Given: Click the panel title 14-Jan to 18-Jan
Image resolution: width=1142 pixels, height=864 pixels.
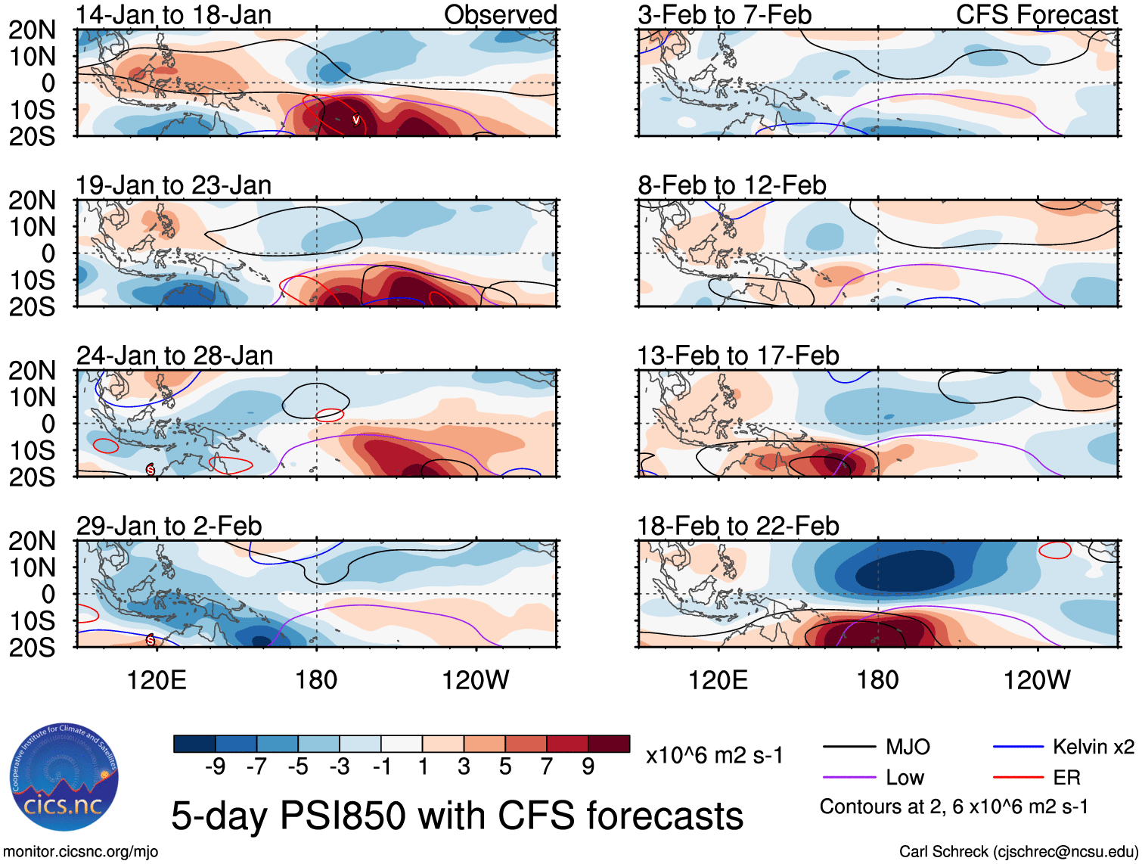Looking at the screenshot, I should click(x=173, y=15).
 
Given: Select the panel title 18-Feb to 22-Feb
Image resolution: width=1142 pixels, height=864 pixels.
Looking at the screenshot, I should click(x=737, y=526).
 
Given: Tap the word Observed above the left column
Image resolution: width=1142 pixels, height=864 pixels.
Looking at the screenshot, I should click(x=500, y=15).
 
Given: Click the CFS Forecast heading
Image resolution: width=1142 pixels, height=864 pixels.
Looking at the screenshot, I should click(x=1036, y=15).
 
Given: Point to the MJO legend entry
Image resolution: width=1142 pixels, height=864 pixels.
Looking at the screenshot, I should click(x=908, y=747).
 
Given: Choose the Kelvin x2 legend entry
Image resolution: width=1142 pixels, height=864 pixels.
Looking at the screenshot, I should click(x=1093, y=747).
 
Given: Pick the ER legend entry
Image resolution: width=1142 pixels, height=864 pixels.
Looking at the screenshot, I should click(x=1066, y=778).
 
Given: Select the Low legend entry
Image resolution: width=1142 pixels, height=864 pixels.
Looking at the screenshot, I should click(x=905, y=778).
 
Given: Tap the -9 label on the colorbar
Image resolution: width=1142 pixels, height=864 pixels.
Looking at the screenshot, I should click(x=216, y=767).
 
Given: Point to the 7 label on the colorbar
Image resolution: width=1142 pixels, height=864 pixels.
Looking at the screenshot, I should click(x=547, y=767).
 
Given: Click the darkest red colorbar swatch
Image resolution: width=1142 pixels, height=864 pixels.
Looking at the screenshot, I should click(x=609, y=744).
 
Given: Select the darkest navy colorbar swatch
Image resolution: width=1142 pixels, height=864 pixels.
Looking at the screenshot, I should click(x=194, y=744).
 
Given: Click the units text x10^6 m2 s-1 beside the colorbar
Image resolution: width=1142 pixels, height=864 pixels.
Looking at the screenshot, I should click(x=714, y=756).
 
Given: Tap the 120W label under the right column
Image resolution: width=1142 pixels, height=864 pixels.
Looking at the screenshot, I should click(x=1036, y=680).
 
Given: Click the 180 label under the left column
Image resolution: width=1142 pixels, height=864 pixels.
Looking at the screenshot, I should click(x=316, y=680).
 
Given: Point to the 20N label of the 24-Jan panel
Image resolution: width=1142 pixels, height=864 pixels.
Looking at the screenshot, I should click(x=33, y=371).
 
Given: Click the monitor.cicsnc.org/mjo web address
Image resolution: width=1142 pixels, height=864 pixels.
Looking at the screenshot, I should click(x=81, y=852).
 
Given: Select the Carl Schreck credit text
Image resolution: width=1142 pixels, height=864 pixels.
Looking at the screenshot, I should click(x=1018, y=852).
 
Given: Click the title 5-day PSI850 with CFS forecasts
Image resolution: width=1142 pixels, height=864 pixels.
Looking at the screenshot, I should click(x=457, y=816).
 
